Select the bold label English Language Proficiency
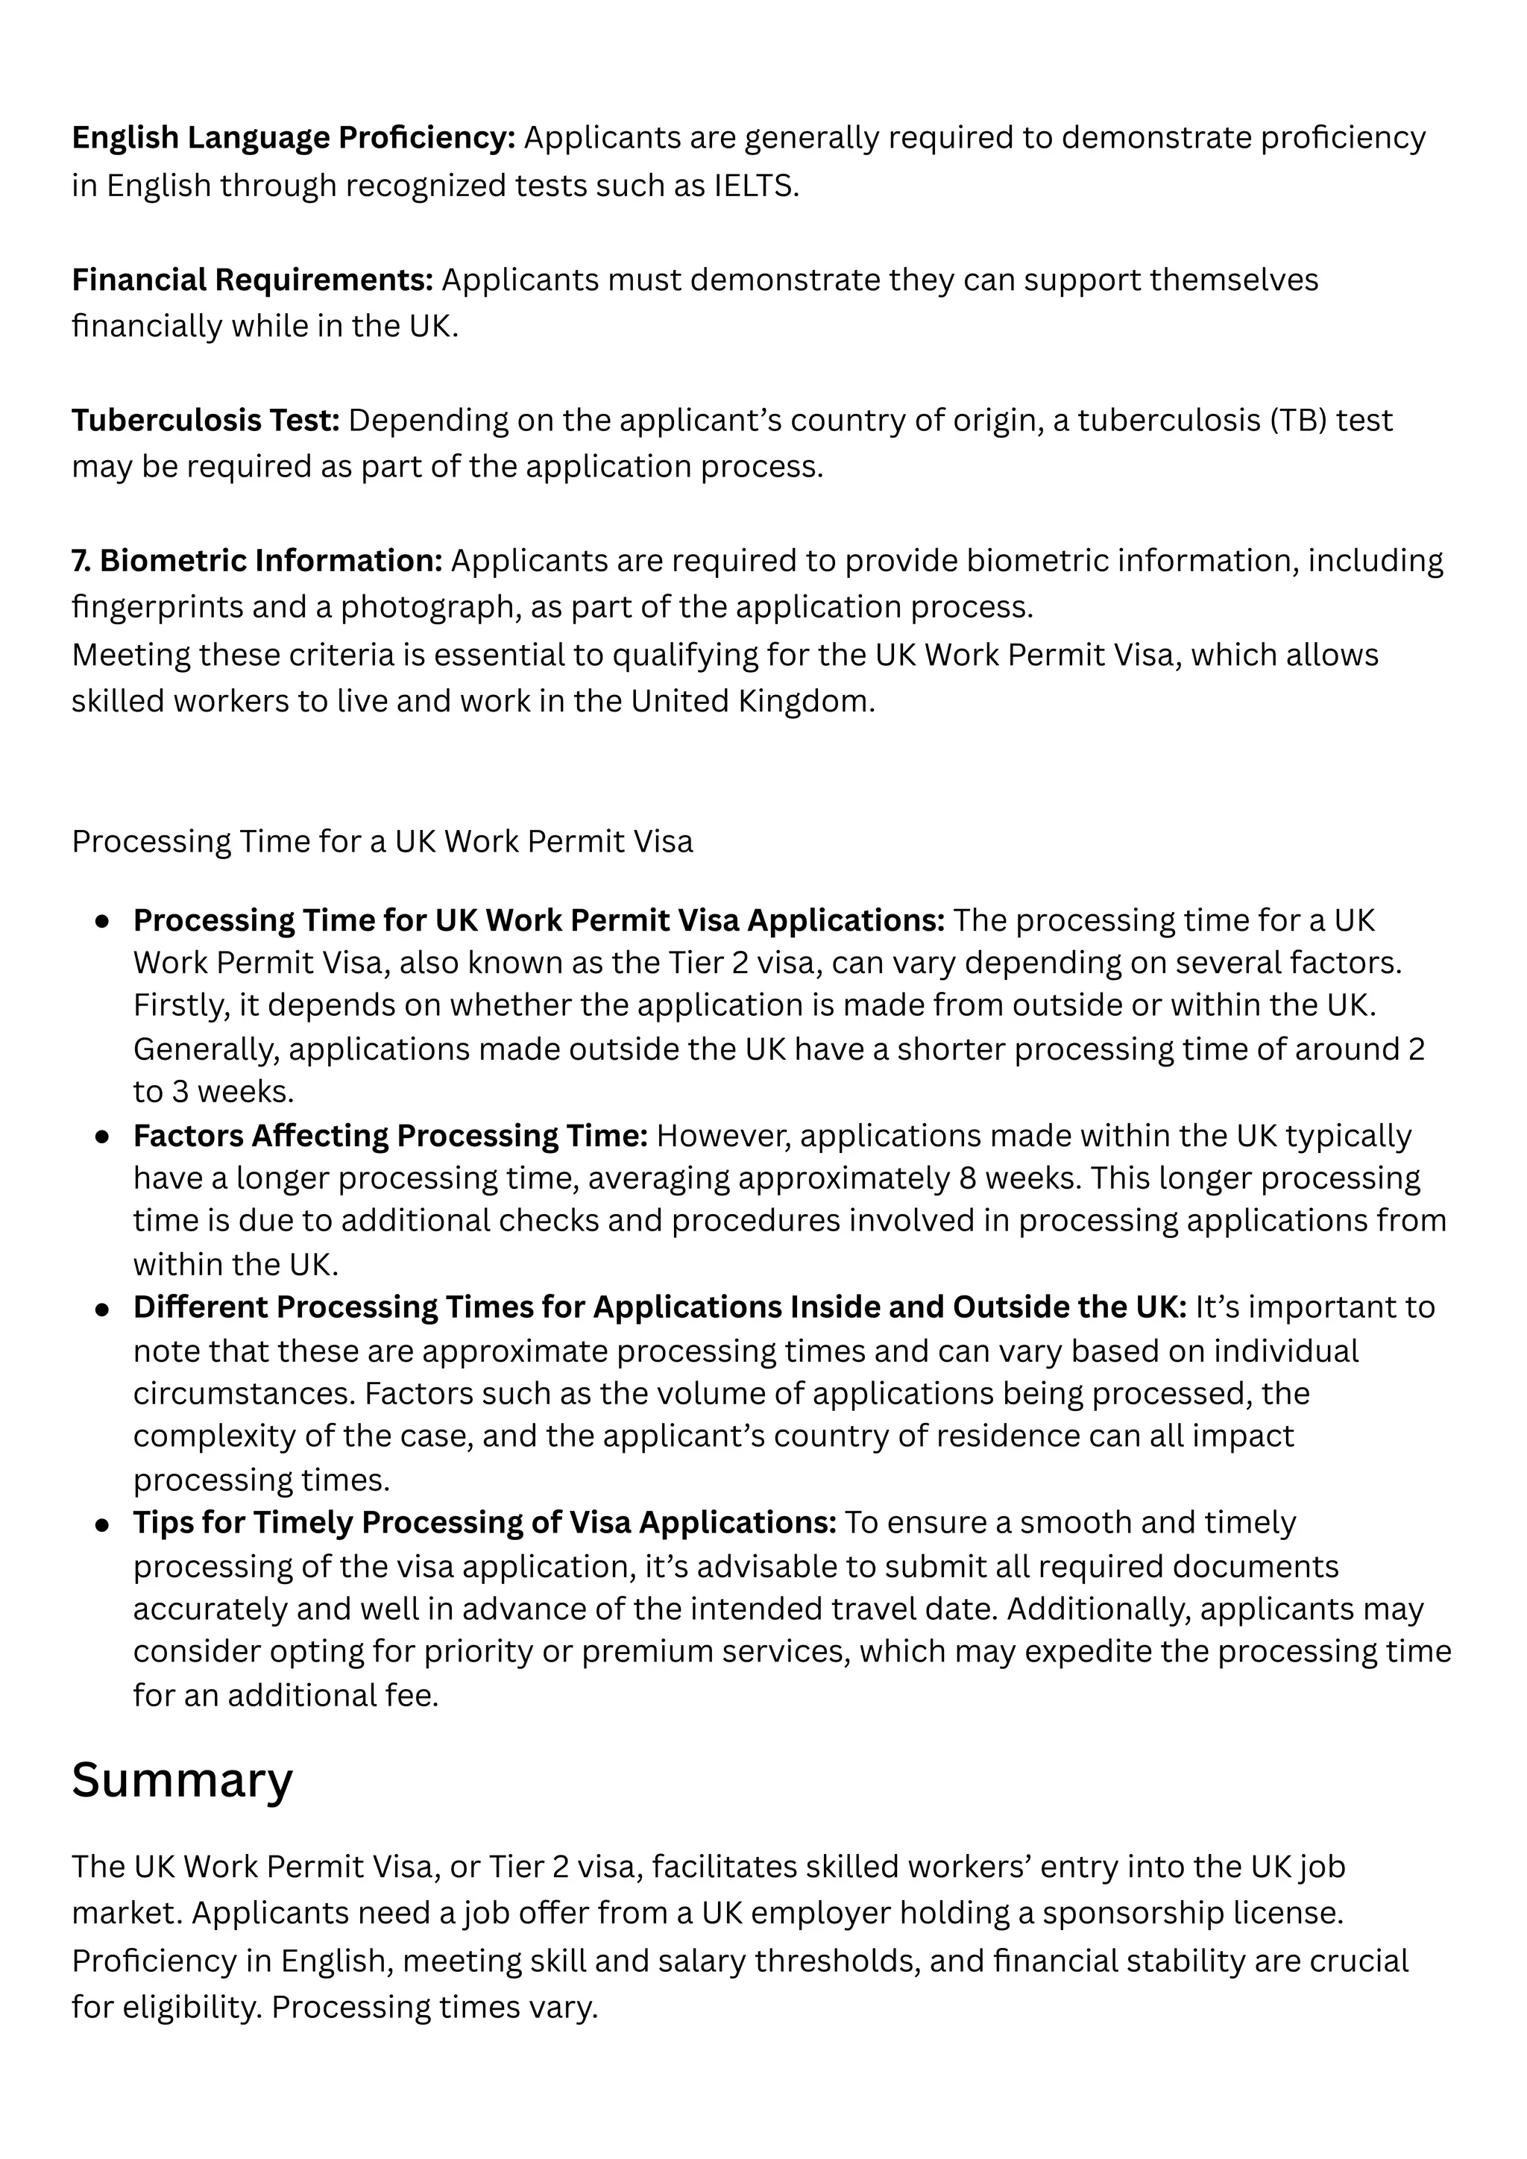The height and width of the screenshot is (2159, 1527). point(293,138)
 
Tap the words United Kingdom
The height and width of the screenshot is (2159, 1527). point(752,702)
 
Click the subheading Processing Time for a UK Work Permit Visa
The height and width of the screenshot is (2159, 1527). point(382,841)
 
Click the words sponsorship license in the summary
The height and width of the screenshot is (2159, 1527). point(1192,1914)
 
